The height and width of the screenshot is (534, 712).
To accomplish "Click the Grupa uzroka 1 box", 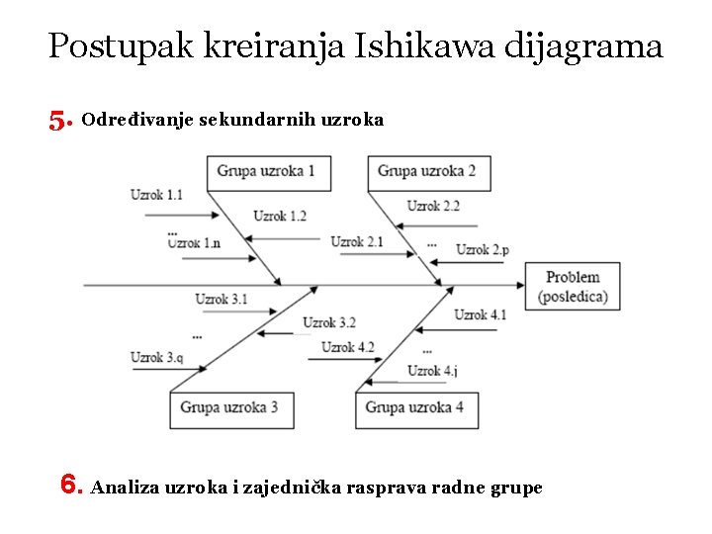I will [267, 172].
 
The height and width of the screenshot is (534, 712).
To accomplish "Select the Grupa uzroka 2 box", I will [427, 172].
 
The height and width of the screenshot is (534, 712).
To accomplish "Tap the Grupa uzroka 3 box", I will [230, 408].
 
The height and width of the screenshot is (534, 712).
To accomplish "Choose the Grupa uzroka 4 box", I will [415, 408].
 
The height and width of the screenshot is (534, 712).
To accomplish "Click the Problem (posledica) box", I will [573, 287].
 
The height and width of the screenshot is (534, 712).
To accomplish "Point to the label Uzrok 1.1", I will [156, 195].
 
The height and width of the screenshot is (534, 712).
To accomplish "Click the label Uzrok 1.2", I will [280, 216].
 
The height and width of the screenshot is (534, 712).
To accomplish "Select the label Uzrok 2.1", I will [357, 242].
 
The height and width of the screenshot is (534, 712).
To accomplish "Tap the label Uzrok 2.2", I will [433, 206].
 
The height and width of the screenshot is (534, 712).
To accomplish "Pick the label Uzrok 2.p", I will [483, 250].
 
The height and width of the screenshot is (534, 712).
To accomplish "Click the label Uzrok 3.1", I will [222, 299].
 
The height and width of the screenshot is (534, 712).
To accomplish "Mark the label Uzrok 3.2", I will [329, 322].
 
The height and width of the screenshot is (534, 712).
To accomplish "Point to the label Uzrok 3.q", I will [156, 358].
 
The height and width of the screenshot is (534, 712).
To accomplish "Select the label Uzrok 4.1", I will [481, 315].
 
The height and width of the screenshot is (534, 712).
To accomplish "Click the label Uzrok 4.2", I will [348, 347].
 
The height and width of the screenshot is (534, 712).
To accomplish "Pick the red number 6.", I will [71, 485].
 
